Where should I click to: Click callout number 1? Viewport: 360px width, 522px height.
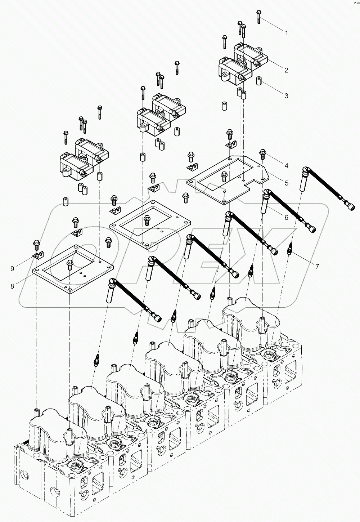(287, 33)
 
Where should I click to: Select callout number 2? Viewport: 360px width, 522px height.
(287, 70)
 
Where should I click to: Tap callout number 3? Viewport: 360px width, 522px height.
(287, 96)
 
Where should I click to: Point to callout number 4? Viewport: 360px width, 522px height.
(287, 166)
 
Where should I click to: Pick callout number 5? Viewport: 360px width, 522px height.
(287, 183)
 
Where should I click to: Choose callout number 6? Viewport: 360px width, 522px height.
(287, 218)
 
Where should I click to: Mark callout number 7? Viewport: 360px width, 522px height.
(317, 267)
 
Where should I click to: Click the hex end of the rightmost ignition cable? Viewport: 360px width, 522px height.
(350, 208)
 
